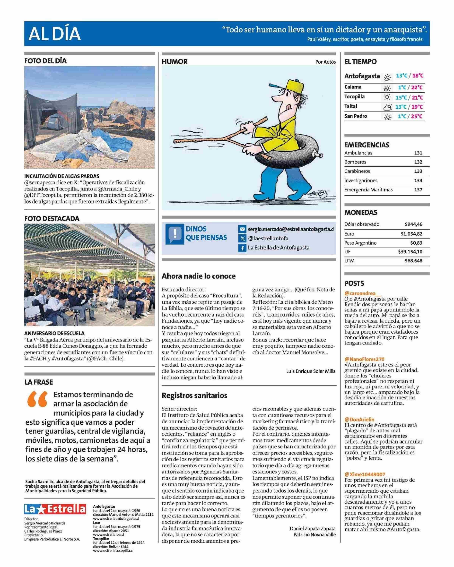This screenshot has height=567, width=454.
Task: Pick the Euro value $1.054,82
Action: [411, 234]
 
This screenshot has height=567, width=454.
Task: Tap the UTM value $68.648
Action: [414, 261]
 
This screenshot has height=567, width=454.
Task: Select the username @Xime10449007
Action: [365, 474]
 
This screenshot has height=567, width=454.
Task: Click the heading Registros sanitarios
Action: [194, 395]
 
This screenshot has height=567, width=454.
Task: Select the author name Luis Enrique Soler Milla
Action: [311, 371]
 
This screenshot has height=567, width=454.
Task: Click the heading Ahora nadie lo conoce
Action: [198, 276]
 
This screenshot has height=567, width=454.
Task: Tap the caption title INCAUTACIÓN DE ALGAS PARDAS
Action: [62, 176]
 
